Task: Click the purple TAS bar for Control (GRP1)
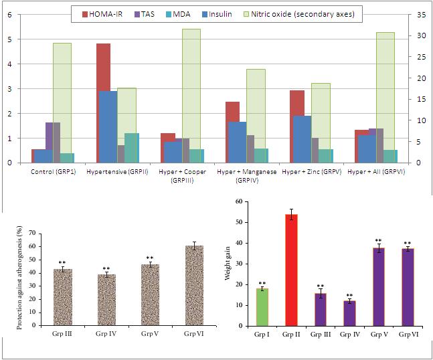[52, 142]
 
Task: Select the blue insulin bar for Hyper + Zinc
[302, 139]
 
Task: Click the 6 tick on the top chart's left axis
[9, 15]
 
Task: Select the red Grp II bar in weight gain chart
[292, 270]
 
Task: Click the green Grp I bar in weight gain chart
[263, 307]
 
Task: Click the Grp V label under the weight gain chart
[379, 333]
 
